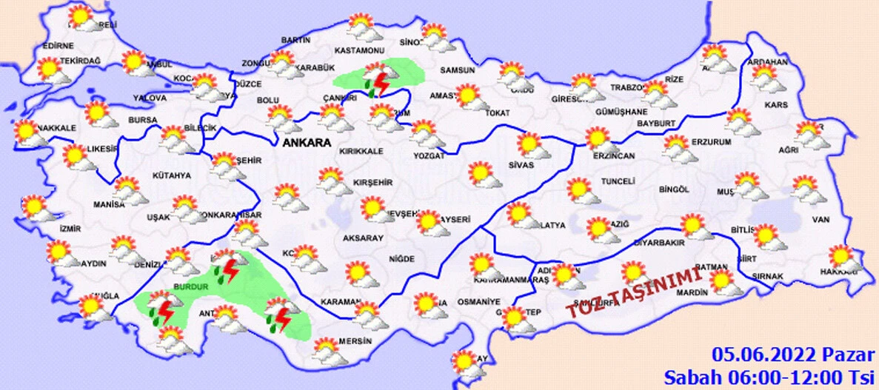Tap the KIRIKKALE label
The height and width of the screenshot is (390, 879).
point(361,152)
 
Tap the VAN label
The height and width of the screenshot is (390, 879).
point(820,220)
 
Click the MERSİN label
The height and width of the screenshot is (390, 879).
point(353,342)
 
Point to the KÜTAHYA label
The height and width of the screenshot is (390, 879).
point(172,175)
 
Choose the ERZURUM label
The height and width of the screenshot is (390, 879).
point(711,141)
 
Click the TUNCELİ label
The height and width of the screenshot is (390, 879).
point(620,182)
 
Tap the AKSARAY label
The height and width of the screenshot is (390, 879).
point(363,238)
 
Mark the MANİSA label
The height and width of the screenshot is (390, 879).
point(109,204)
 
